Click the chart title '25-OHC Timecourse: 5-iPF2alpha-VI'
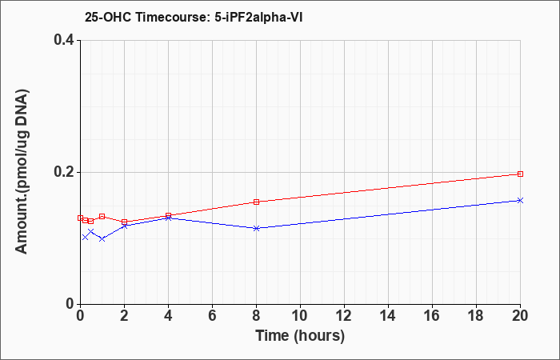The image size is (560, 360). pyautogui.click(x=194, y=17)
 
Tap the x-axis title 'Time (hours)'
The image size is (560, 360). pyautogui.click(x=300, y=336)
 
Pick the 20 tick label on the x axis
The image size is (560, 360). pyautogui.click(x=520, y=316)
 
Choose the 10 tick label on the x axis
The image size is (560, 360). pyautogui.click(x=300, y=316)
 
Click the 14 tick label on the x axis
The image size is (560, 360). pyautogui.click(x=388, y=316)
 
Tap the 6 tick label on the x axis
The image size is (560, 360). pyautogui.click(x=213, y=316)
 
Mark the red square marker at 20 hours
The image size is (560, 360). pyautogui.click(x=520, y=174)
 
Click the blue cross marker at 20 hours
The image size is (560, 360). pyautogui.click(x=520, y=200)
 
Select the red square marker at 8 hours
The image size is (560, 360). pyautogui.click(x=257, y=202)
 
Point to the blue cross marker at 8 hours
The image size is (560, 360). pyautogui.click(x=256, y=228)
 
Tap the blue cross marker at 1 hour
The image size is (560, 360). pyautogui.click(x=102, y=238)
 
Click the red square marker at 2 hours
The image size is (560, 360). pyautogui.click(x=124, y=222)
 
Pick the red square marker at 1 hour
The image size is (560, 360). pyautogui.click(x=102, y=216)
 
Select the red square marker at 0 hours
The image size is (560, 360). pyautogui.click(x=80, y=218)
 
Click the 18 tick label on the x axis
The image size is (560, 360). pyautogui.click(x=476, y=316)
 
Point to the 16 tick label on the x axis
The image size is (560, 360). pyautogui.click(x=432, y=316)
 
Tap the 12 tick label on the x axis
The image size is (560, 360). pyautogui.click(x=344, y=316)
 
